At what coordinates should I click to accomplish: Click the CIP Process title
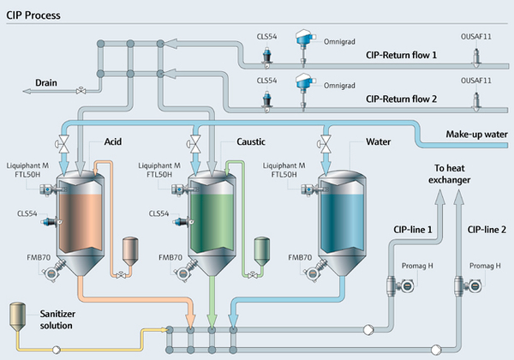[x=33, y=15]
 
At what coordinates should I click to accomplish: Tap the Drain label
[x=46, y=82]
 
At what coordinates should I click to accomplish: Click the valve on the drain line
[x=81, y=91]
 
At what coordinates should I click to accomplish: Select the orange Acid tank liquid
[x=80, y=223]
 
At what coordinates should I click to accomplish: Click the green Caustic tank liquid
[x=212, y=223]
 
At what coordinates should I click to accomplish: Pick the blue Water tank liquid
[x=342, y=223]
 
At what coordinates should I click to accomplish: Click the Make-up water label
[x=476, y=134]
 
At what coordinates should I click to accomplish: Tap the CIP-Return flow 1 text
[x=401, y=55]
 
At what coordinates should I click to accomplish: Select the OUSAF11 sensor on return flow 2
[x=476, y=103]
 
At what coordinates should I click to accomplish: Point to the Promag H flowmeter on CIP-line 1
[x=400, y=286]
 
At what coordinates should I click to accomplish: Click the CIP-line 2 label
[x=487, y=230]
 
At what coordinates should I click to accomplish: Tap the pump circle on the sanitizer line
[x=56, y=350]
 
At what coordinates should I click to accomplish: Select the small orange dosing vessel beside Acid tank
[x=130, y=251]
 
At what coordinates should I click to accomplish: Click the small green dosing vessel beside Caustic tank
[x=262, y=251]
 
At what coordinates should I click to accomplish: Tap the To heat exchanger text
[x=450, y=174]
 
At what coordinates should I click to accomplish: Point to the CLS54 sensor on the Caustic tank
[x=183, y=222]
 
